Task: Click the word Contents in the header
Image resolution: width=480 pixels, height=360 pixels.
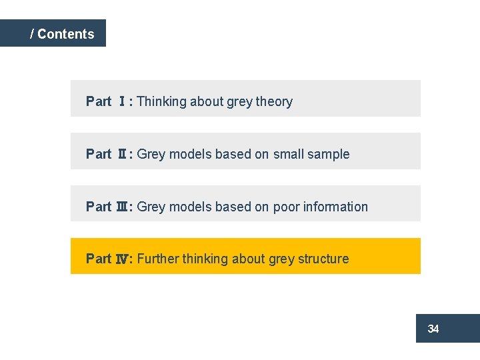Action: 66,34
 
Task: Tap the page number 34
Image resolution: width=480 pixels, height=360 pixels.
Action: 433,329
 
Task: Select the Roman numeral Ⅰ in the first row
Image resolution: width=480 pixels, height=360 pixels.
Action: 123,102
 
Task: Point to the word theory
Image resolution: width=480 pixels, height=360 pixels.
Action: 274,102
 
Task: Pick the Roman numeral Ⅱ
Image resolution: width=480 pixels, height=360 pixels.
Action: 123,154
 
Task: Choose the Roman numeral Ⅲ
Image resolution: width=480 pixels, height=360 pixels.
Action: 123,207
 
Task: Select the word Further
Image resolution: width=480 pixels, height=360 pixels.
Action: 158,259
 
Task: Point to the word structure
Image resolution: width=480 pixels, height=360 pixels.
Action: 323,259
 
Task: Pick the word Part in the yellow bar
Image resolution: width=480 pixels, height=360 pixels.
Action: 99,259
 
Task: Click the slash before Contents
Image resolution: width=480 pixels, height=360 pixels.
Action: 32,34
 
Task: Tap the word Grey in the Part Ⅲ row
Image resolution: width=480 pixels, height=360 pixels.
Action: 151,207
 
